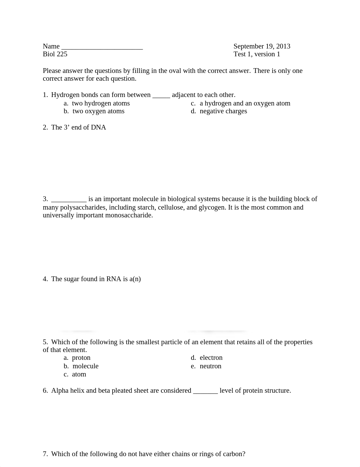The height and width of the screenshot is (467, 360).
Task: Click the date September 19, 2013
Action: click(x=262, y=46)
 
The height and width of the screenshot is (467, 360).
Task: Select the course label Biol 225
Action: click(x=55, y=54)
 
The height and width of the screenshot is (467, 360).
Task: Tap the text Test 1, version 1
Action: click(x=257, y=54)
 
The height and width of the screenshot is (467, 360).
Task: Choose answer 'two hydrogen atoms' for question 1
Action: click(x=101, y=103)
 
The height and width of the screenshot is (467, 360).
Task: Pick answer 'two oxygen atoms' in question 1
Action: click(x=98, y=111)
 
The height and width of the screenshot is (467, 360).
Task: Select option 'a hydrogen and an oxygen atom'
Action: click(x=245, y=103)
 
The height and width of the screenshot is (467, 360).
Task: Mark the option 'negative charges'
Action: click(x=223, y=111)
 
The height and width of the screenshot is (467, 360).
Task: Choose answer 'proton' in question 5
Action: click(x=81, y=358)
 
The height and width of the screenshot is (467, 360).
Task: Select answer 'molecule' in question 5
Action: click(x=85, y=366)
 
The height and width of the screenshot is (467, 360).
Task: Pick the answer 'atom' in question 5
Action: click(x=79, y=374)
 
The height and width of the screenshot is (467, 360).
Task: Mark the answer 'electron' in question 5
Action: click(x=211, y=358)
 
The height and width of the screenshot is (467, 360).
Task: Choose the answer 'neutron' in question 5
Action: click(x=210, y=366)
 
